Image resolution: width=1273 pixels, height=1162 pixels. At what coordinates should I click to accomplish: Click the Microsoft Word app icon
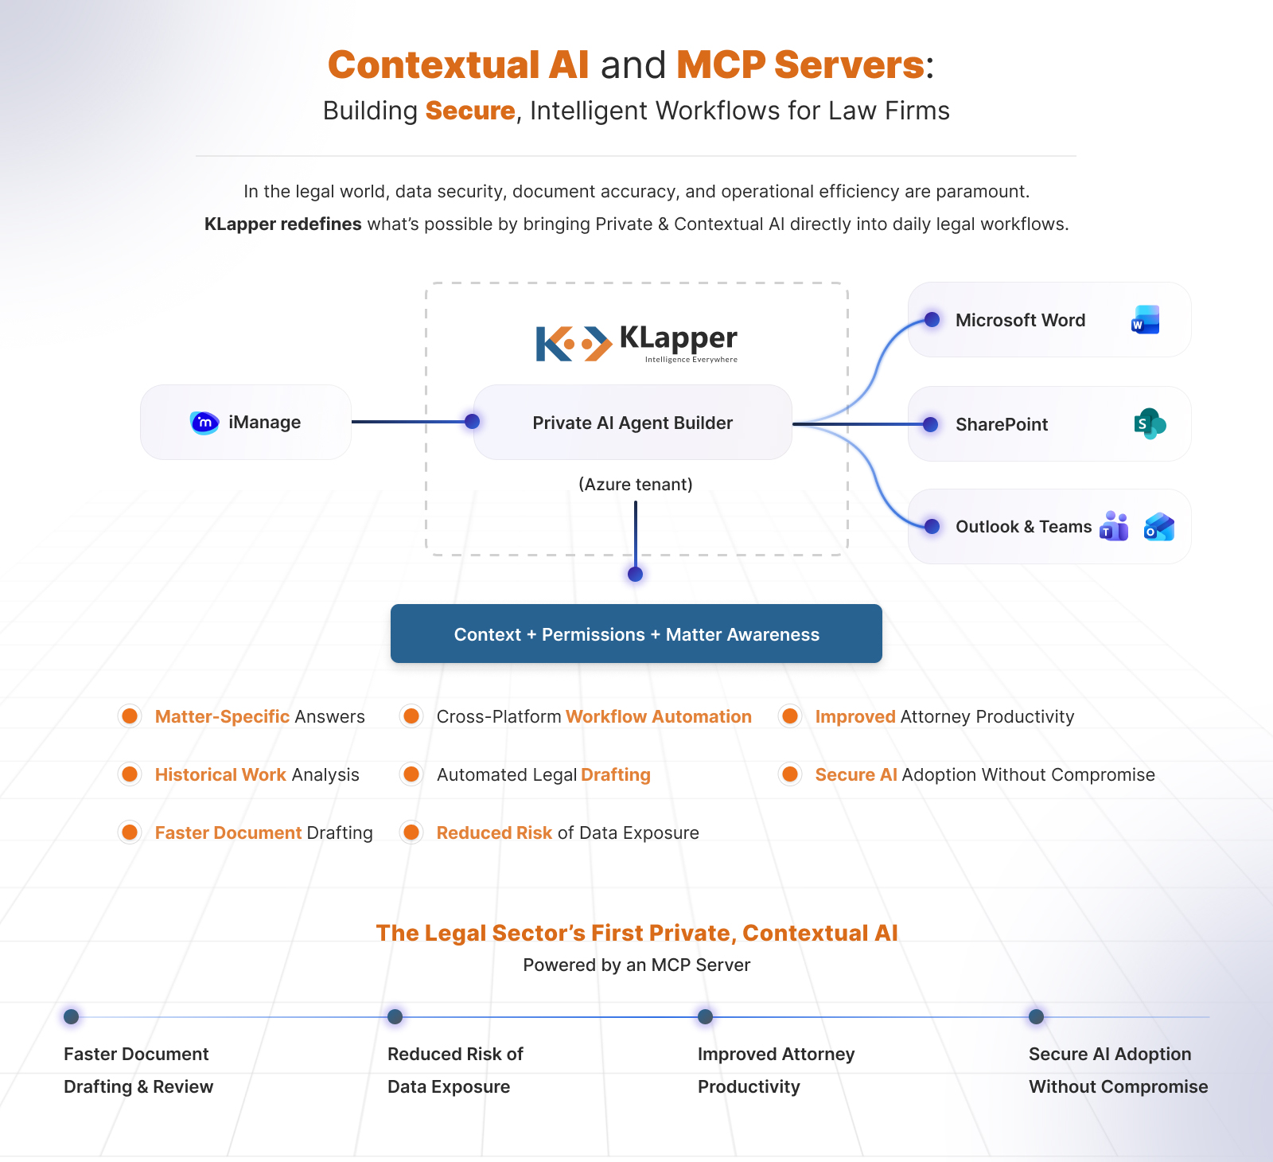[1145, 320]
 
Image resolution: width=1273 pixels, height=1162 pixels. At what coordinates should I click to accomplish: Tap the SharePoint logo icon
[1149, 424]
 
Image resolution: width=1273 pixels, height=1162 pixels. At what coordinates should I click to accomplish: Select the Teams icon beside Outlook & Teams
[1114, 527]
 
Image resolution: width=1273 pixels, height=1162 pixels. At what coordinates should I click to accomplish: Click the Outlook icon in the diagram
[1158, 527]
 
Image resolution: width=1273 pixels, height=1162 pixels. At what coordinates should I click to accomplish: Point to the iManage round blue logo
[204, 423]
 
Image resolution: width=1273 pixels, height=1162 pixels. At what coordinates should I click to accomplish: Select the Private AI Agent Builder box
[633, 423]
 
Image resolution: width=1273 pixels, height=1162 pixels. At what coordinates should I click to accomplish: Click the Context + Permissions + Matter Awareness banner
[636, 634]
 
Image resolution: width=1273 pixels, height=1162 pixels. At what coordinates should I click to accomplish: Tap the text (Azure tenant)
[636, 484]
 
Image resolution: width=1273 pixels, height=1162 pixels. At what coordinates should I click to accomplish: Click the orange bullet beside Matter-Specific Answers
[130, 716]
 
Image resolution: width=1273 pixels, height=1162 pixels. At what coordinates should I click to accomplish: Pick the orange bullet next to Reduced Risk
[411, 833]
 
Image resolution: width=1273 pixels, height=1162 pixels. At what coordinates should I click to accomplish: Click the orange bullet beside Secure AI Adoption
[790, 774]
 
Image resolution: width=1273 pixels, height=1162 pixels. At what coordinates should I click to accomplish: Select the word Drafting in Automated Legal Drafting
[615, 774]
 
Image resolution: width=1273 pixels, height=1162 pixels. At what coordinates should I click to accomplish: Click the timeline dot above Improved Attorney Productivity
[705, 1016]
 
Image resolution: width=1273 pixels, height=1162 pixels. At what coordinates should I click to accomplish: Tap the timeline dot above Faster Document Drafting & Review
[71, 1016]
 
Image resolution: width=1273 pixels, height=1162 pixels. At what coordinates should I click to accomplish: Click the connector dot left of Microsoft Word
[932, 320]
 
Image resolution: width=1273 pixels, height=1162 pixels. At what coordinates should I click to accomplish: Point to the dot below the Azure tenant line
[635, 574]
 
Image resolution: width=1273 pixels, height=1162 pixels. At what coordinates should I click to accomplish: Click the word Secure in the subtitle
[470, 111]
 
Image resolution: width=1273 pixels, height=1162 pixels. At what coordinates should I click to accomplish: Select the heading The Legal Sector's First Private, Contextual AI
[636, 933]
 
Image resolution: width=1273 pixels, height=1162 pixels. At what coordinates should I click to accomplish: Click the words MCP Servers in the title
[800, 65]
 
